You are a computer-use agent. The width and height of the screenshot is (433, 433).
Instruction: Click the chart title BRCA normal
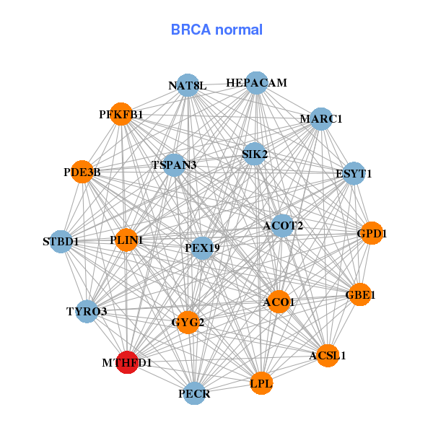click(216, 30)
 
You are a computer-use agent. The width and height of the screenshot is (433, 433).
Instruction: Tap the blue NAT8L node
click(188, 85)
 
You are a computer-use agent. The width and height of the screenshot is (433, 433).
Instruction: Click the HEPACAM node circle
click(256, 83)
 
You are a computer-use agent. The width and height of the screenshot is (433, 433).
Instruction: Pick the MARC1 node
click(320, 119)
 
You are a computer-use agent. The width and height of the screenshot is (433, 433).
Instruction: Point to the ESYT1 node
click(353, 173)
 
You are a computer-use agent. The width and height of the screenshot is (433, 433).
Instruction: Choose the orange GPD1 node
click(371, 233)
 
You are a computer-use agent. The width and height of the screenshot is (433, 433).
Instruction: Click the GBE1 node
click(359, 294)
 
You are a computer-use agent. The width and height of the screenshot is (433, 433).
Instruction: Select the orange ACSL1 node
click(327, 355)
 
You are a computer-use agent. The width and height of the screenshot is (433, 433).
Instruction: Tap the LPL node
click(261, 384)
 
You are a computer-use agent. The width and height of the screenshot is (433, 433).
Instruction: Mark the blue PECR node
click(194, 393)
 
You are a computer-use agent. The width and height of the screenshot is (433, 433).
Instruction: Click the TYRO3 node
click(87, 312)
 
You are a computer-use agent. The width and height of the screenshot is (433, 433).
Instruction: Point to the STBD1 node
click(61, 241)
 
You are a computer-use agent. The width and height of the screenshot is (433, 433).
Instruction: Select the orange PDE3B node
click(82, 172)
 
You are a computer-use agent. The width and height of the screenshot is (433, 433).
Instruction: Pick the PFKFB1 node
click(121, 114)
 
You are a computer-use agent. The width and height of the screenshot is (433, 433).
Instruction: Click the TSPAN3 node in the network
click(174, 165)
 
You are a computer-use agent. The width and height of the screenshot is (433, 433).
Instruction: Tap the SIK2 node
click(255, 154)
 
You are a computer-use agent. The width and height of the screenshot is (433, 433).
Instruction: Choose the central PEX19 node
click(202, 248)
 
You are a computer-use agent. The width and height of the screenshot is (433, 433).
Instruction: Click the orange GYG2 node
click(188, 322)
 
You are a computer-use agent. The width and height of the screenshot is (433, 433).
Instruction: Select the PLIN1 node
click(126, 240)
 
